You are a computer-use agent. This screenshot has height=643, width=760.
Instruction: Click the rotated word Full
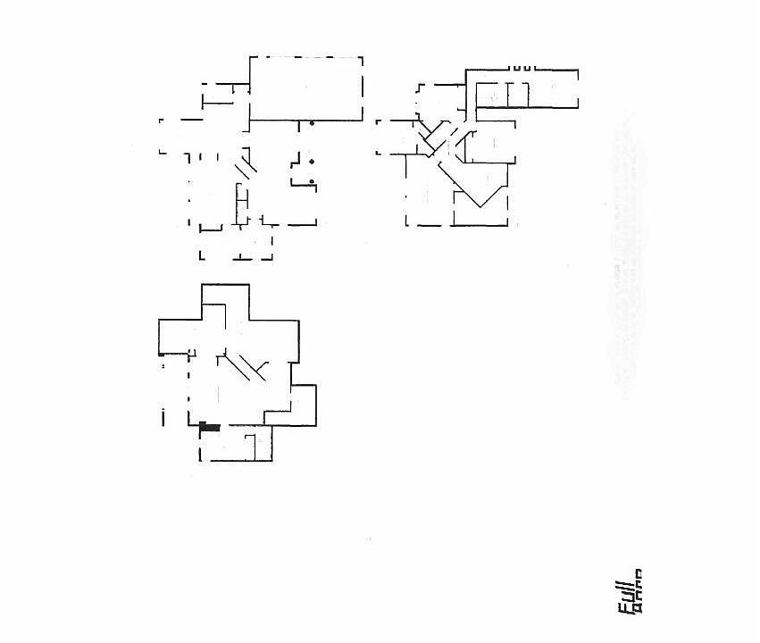(626, 596)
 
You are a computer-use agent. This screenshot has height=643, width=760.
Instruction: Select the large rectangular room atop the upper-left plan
(305, 88)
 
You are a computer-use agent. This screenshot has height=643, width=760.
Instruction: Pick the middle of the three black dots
(312, 162)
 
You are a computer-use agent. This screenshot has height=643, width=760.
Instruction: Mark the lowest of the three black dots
(312, 182)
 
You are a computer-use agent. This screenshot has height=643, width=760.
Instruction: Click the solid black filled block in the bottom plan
(209, 428)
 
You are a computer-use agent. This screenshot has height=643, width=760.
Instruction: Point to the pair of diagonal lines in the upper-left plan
(246, 166)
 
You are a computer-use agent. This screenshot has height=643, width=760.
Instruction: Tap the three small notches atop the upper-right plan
(522, 67)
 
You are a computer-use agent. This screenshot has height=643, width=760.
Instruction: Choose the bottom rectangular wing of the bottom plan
(236, 444)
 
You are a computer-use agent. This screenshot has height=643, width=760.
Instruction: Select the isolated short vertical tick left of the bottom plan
(163, 415)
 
